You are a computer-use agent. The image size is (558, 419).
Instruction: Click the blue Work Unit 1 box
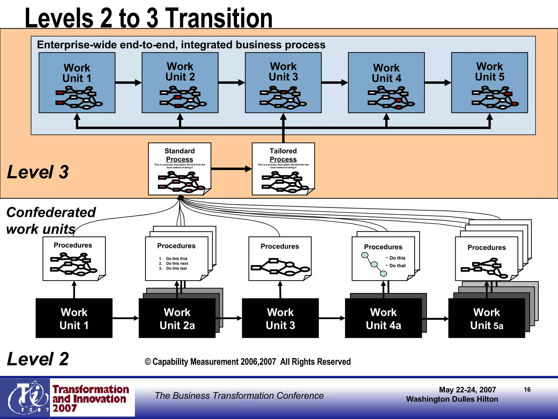[x=77, y=82]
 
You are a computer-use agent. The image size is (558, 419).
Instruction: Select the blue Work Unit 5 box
[x=489, y=82]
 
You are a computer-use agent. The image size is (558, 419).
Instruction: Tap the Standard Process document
[x=180, y=169]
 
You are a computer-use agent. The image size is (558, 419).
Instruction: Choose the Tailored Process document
[x=283, y=169]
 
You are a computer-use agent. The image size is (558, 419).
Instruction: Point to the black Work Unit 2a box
[x=177, y=318]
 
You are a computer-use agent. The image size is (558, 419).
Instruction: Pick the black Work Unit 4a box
[x=383, y=318]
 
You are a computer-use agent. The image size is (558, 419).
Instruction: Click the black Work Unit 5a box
[x=487, y=318]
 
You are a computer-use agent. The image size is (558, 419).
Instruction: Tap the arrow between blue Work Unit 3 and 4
[x=335, y=82]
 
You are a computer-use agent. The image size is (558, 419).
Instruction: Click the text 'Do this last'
[x=176, y=268]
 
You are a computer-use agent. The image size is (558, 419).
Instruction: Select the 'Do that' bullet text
[x=398, y=266]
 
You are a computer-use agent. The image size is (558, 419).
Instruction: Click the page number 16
[x=527, y=390]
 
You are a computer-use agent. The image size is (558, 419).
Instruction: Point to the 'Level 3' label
[x=38, y=172]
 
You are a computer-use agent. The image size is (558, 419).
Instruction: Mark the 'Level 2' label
[x=38, y=359]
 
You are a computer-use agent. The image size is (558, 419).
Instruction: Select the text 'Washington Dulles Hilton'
[x=452, y=399]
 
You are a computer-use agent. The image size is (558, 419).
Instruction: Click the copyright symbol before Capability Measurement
[x=148, y=362]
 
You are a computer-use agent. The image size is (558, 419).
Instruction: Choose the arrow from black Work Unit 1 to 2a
[x=125, y=318]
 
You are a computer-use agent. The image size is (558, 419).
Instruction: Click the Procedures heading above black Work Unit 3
[x=280, y=246]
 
